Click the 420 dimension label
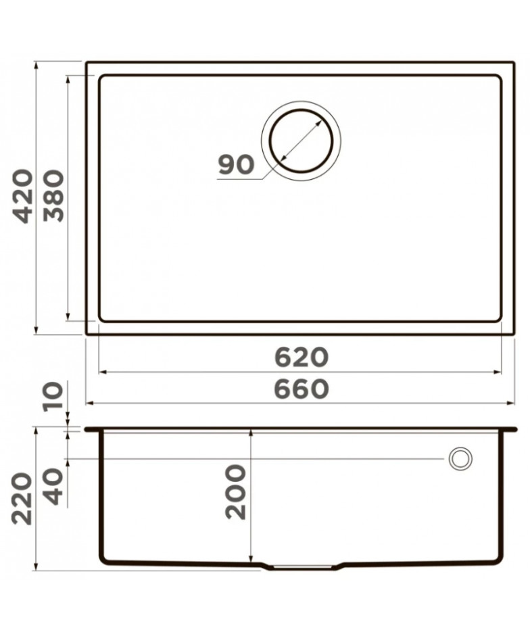[x=24, y=197]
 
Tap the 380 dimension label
[x=54, y=197]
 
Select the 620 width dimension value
[x=302, y=358]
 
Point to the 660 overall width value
[x=302, y=389]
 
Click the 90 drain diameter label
[x=237, y=164]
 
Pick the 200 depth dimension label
[x=235, y=491]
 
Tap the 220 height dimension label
[x=22, y=499]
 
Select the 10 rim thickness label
[x=54, y=396]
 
